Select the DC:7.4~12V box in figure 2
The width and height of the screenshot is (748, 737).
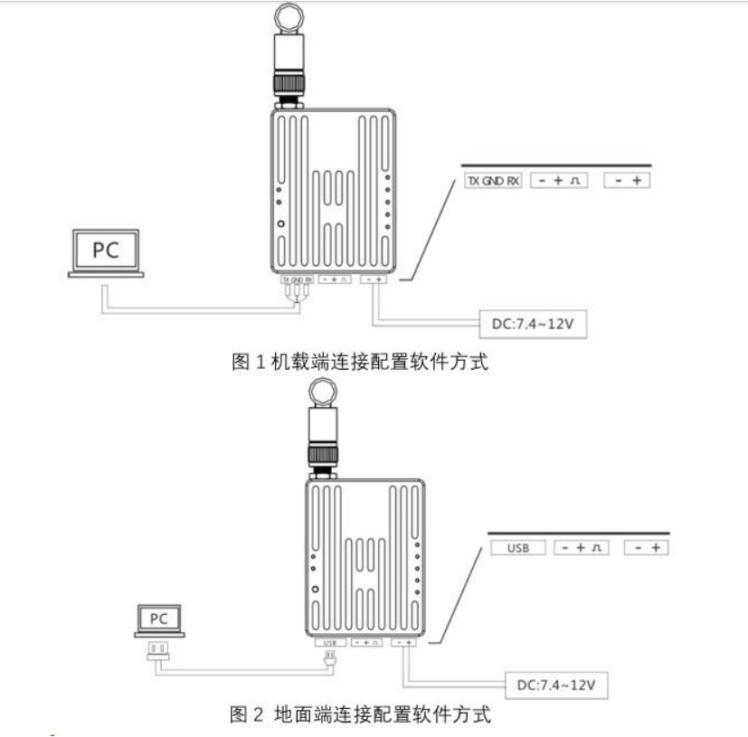[x=553, y=685]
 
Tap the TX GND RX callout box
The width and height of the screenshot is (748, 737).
[x=492, y=181]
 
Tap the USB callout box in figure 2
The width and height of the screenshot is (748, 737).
[x=517, y=548]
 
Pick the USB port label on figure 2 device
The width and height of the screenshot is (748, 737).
[x=328, y=643]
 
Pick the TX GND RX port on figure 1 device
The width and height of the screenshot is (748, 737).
[x=298, y=279]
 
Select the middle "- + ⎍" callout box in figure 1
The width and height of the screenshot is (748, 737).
[x=557, y=181]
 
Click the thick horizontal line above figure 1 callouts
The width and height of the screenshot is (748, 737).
[x=556, y=165]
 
